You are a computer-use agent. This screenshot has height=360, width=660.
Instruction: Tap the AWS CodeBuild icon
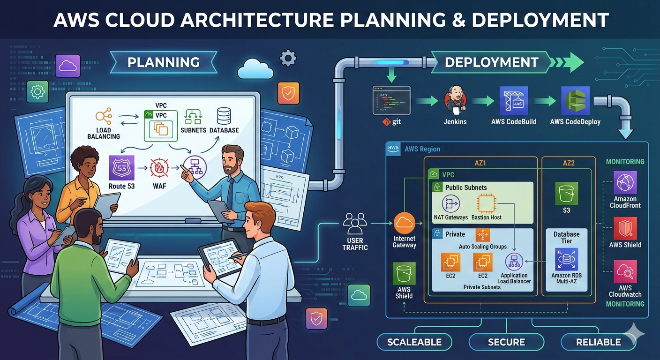[514, 100]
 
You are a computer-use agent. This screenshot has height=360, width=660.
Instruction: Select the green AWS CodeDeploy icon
[575, 100]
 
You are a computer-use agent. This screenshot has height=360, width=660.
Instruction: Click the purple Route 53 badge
[122, 168]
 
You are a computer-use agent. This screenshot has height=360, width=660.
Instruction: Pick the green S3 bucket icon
[566, 193]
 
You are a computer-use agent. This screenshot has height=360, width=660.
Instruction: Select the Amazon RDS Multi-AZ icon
[566, 259]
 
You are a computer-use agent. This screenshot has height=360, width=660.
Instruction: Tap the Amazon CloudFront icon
[625, 183]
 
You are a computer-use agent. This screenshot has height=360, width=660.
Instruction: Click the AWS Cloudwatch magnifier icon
[625, 271]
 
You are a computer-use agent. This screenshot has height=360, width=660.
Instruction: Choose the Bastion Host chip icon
[487, 204]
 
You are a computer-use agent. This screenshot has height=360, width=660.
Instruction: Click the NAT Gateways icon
[450, 204]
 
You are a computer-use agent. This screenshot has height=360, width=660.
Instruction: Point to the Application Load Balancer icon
[514, 262]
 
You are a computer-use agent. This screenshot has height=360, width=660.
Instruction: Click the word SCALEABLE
[414, 342]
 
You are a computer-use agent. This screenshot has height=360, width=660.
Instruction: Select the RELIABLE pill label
[598, 342]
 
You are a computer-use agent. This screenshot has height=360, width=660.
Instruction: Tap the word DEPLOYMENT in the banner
[491, 62]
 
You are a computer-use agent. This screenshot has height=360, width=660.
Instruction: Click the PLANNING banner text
[164, 62]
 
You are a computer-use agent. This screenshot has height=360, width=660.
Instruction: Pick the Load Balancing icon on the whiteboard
[103, 116]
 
